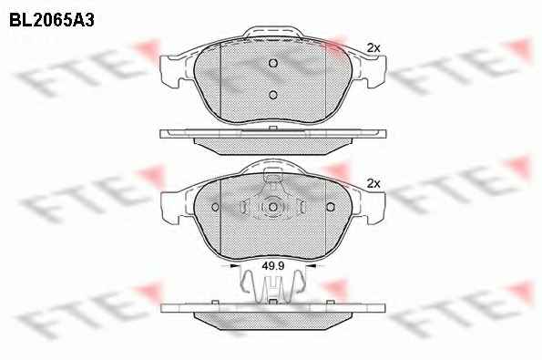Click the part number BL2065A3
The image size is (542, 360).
click(x=52, y=21)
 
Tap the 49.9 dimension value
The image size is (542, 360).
click(x=273, y=266)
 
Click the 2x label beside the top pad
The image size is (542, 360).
click(x=373, y=48)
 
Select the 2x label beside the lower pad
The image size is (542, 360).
click(x=373, y=183)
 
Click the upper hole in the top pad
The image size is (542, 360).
click(x=273, y=63)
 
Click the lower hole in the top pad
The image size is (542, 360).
click(x=273, y=95)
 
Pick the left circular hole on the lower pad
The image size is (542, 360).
click(x=215, y=207)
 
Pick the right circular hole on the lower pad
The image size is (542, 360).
click(x=331, y=207)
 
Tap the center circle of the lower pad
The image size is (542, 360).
click(x=273, y=207)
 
